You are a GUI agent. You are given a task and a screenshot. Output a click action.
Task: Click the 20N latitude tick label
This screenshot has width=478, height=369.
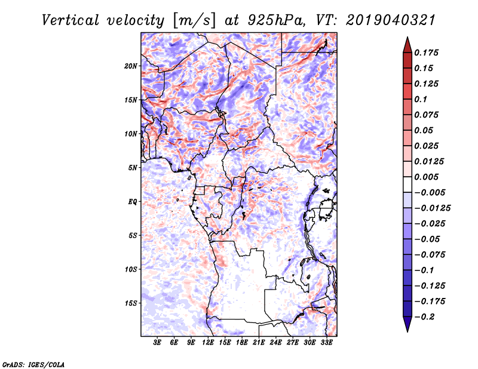tap(131, 66)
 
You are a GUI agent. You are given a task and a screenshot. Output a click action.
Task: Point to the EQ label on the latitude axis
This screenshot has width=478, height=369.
tap(133, 202)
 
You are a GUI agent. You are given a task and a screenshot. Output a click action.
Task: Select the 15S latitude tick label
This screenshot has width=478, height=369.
tap(131, 303)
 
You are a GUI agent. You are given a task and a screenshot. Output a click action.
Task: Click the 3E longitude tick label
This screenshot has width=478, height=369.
tap(158, 343)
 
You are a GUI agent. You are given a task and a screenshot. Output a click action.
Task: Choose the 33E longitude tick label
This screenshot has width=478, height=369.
tap(326, 343)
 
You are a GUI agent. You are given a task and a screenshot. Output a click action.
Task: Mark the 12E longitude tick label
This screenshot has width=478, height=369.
tap(209, 343)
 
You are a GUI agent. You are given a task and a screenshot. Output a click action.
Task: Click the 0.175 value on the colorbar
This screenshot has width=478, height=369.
tap(428, 53)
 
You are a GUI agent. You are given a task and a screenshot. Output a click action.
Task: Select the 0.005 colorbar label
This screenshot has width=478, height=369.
tap(428, 177)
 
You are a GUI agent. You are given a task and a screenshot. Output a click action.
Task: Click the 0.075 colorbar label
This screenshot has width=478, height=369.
tap(428, 115)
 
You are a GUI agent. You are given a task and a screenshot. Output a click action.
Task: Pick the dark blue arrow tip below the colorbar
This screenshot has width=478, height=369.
tap(407, 327)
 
